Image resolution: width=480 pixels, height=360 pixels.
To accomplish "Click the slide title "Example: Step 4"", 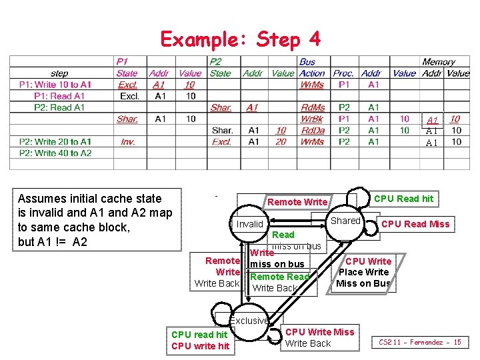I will (x=240, y=39).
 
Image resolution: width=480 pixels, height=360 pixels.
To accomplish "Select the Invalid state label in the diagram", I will (x=250, y=224).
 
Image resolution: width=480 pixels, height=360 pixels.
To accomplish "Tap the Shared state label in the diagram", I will (x=345, y=221).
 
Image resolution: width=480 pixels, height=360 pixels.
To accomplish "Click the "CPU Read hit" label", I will (x=403, y=199).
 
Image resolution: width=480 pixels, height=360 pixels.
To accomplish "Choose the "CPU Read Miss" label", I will (x=415, y=224).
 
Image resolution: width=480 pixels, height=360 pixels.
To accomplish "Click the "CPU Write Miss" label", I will (x=319, y=332).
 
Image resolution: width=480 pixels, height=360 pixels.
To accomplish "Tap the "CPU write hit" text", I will (x=200, y=346).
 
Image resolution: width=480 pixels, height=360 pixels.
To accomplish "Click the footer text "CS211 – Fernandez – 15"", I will (x=420, y=343).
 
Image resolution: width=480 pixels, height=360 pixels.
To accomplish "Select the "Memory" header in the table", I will (x=438, y=62).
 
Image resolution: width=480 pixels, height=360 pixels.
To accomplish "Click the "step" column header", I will (x=59, y=73).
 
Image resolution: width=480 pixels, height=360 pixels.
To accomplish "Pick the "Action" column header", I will (x=312, y=73).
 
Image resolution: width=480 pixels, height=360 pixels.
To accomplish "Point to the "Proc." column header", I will (x=343, y=73).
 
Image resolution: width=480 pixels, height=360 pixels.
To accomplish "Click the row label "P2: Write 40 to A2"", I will (x=55, y=153).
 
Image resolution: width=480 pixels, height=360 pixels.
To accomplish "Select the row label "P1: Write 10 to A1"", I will (x=55, y=85).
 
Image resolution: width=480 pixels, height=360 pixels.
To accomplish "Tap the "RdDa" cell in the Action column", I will (x=312, y=130).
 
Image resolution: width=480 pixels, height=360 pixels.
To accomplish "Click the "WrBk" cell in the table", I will (x=312, y=119).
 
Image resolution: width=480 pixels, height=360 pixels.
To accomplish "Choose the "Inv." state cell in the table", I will (x=127, y=141).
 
